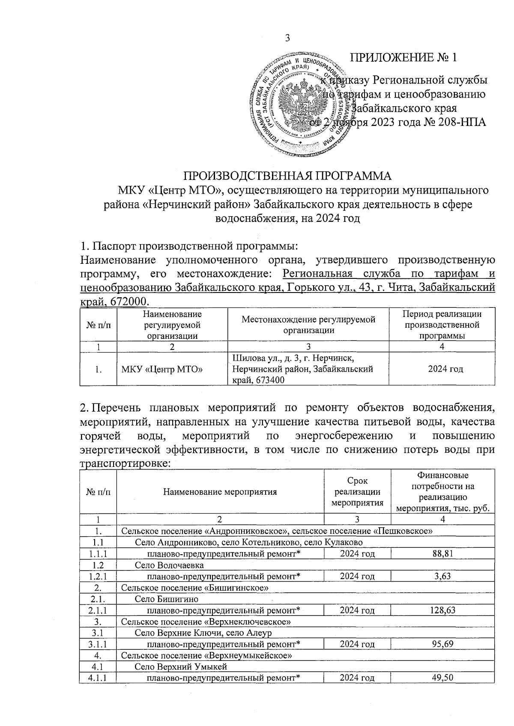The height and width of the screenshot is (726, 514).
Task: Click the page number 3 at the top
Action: tap(288, 38)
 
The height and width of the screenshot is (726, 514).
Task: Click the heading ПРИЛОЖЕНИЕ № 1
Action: tap(404, 57)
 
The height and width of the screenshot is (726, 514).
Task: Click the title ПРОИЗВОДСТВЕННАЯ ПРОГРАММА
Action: tap(287, 176)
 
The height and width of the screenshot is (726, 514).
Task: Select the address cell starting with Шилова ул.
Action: tap(308, 369)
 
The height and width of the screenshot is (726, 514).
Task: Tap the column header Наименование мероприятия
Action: tap(220, 491)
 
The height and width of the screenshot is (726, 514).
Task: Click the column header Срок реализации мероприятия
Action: tap(358, 491)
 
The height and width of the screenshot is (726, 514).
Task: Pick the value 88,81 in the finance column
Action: tap(443, 553)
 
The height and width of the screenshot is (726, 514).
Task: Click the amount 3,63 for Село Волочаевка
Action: tap(443, 576)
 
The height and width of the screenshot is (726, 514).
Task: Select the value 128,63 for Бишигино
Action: tap(443, 610)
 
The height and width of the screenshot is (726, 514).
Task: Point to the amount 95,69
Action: tap(443, 644)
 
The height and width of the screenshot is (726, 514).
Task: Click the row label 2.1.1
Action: tap(98, 610)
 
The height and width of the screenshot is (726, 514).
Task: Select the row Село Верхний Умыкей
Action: tap(180, 666)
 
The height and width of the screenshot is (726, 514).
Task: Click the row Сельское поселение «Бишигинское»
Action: tap(195, 587)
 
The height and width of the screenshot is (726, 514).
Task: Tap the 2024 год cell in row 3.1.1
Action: tap(358, 644)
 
